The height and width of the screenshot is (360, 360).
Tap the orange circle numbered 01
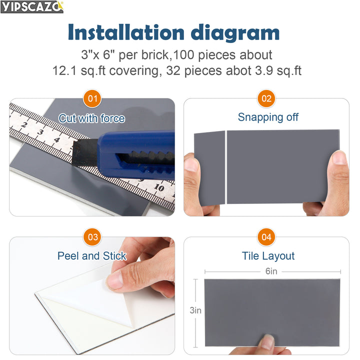92,98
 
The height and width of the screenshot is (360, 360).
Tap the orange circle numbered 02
266,98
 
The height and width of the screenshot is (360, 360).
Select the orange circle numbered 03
92,237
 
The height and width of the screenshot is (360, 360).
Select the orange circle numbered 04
266,237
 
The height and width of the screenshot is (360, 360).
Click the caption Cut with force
92,118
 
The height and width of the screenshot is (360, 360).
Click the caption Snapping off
268,117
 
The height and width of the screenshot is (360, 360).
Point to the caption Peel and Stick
92,256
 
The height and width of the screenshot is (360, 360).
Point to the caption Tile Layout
268,256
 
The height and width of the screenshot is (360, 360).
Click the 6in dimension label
271,271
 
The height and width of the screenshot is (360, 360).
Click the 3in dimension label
195,310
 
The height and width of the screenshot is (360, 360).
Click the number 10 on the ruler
158,188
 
